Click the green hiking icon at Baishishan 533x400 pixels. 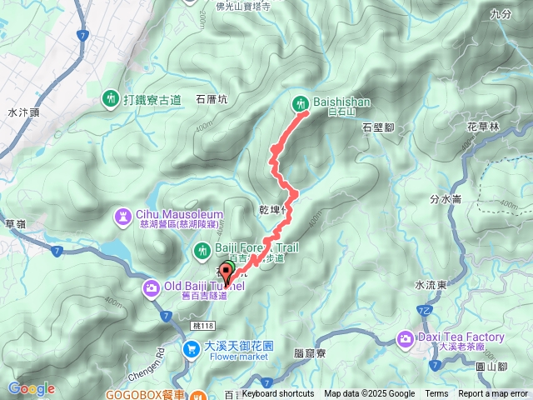pyautogui.click(x=301, y=104)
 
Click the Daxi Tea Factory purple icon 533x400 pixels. pyautogui.click(x=406, y=337)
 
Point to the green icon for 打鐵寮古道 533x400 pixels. pyautogui.click(x=112, y=99)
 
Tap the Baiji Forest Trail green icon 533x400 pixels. pyautogui.click(x=202, y=249)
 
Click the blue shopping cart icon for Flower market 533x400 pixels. pyautogui.click(x=192, y=348)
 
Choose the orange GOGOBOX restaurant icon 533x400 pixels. pyautogui.click(x=197, y=395)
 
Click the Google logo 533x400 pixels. pyautogui.click(x=31, y=388)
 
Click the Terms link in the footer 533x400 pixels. pyautogui.click(x=436, y=394)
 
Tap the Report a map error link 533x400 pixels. pyautogui.click(x=494, y=394)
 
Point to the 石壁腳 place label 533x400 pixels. pyautogui.click(x=380, y=127)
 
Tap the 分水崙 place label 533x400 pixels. pyautogui.click(x=446, y=199)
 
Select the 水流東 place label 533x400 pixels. pyautogui.click(x=431, y=284)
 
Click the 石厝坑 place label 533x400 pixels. pyautogui.click(x=212, y=98)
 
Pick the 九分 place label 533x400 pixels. pyautogui.click(x=501, y=14)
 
